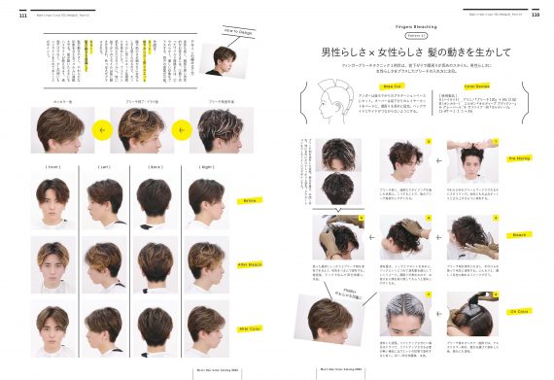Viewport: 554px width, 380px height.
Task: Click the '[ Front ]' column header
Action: pos(53,166)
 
